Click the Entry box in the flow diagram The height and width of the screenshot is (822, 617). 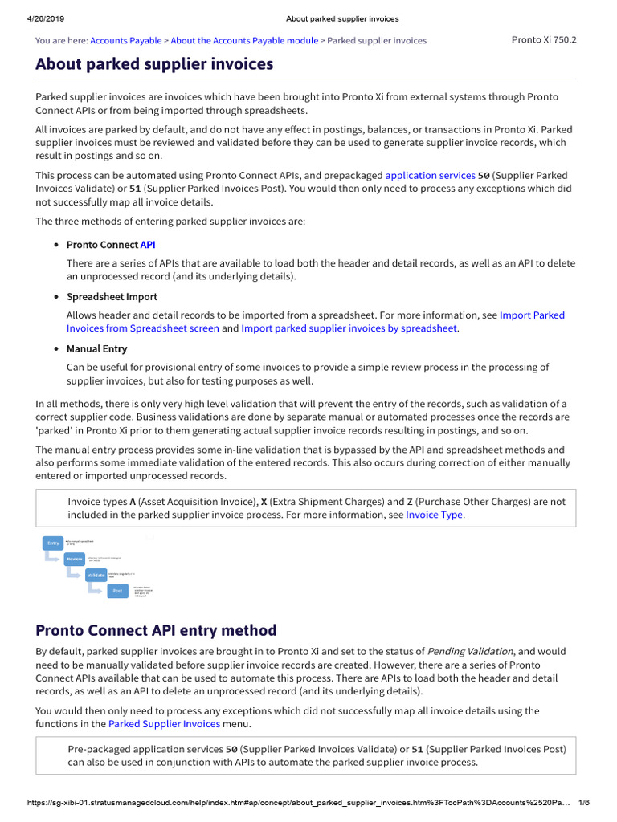click(x=53, y=543)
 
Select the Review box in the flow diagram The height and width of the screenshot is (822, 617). click(x=75, y=559)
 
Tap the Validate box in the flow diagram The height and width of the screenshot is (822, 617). click(x=96, y=575)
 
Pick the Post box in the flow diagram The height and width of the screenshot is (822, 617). click(x=117, y=591)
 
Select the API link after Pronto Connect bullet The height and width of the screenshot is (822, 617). click(x=148, y=244)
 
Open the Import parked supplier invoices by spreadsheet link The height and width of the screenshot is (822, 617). click(x=349, y=328)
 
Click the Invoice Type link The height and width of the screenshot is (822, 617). click(x=435, y=515)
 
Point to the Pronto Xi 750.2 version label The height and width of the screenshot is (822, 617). click(x=544, y=39)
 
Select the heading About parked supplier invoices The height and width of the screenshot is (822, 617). click(x=154, y=63)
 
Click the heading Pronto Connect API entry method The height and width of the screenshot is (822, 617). click(x=156, y=630)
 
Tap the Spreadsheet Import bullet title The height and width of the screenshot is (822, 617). click(x=112, y=297)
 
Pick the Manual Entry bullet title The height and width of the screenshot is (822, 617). click(x=96, y=349)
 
